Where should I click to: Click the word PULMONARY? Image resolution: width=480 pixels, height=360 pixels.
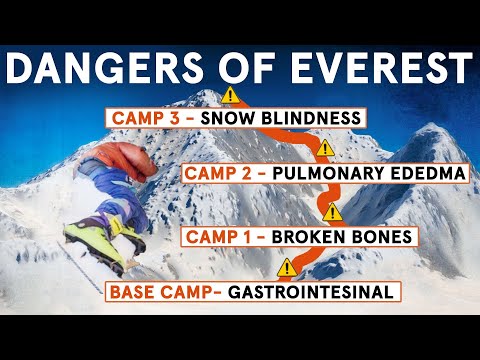pos(338,173)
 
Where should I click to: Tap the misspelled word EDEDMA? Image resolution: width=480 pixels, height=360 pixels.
pos(431,173)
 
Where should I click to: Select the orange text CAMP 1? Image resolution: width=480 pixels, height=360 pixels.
pos(222,239)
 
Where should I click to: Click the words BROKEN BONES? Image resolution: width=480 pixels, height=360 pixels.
pos(336,239)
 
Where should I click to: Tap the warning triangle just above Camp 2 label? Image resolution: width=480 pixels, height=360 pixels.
pos(323,149)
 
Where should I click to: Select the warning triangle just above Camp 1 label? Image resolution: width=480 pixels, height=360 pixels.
pos(333,213)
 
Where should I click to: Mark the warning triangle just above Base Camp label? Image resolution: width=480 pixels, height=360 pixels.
pos(288,267)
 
